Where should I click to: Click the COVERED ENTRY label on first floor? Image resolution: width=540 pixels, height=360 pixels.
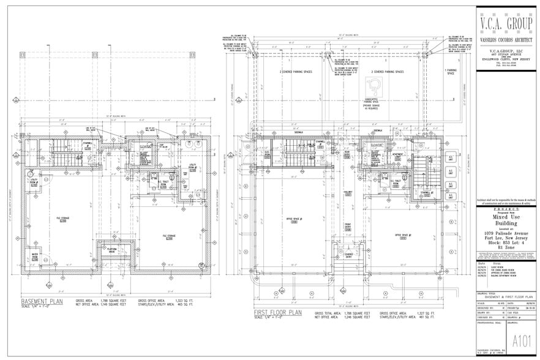coord(348,256)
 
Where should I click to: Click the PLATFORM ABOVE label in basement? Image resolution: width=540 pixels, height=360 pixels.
coord(113,250)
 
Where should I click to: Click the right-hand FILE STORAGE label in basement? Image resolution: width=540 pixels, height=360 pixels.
coord(169,236)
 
